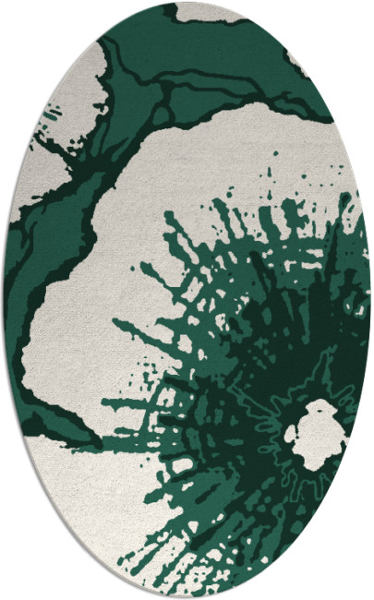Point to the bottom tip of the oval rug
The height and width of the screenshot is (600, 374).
187,595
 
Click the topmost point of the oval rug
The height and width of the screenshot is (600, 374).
187,4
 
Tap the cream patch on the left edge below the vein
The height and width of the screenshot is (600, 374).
28,198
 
